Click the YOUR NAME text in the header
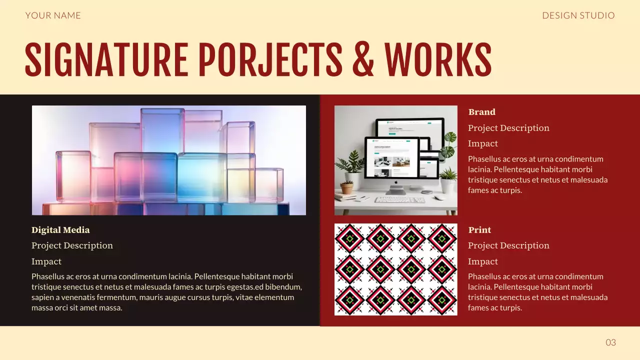pyautogui.click(x=53, y=15)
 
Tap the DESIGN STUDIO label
pyautogui.click(x=578, y=15)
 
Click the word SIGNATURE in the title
pyautogui.click(x=106, y=60)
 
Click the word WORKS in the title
pyautogui.click(x=437, y=60)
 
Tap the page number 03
pyautogui.click(x=610, y=342)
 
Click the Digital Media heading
pyautogui.click(x=60, y=230)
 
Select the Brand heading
pyautogui.click(x=481, y=112)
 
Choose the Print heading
pyautogui.click(x=479, y=230)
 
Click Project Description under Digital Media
pyautogui.click(x=72, y=245)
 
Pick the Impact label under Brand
pyautogui.click(x=482, y=143)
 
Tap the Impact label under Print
pyautogui.click(x=482, y=261)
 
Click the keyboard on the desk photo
pyautogui.click(x=399, y=199)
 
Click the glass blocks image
pyautogui.click(x=169, y=160)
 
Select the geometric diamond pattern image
pyautogui.click(x=395, y=269)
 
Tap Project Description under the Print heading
pyautogui.click(x=508, y=245)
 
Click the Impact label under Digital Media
pyautogui.click(x=46, y=261)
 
